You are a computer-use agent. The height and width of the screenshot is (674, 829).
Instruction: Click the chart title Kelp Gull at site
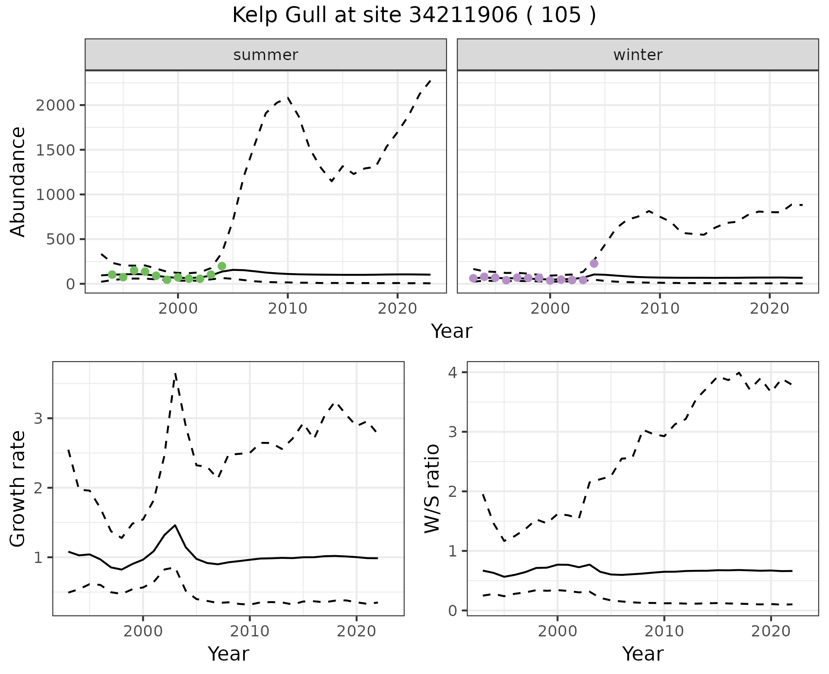coord(414,16)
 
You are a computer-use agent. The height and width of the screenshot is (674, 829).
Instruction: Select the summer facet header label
coord(266,55)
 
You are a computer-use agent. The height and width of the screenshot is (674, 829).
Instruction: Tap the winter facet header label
coord(638,55)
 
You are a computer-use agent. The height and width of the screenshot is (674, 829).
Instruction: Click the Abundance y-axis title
coord(18,181)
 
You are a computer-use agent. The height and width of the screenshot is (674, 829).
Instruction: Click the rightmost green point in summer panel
coord(222,266)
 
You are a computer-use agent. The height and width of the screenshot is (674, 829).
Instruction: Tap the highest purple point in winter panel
coord(594,264)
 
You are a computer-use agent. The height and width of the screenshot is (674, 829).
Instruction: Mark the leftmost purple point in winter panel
coord(473,278)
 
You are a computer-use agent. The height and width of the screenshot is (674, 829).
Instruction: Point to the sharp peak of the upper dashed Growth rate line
coord(175,373)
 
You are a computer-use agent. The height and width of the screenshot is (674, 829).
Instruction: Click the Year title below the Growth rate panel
coord(228,654)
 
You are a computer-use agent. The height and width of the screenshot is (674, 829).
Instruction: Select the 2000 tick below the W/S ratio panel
coord(557,631)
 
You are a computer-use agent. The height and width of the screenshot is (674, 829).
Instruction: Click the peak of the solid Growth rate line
coord(175,525)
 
